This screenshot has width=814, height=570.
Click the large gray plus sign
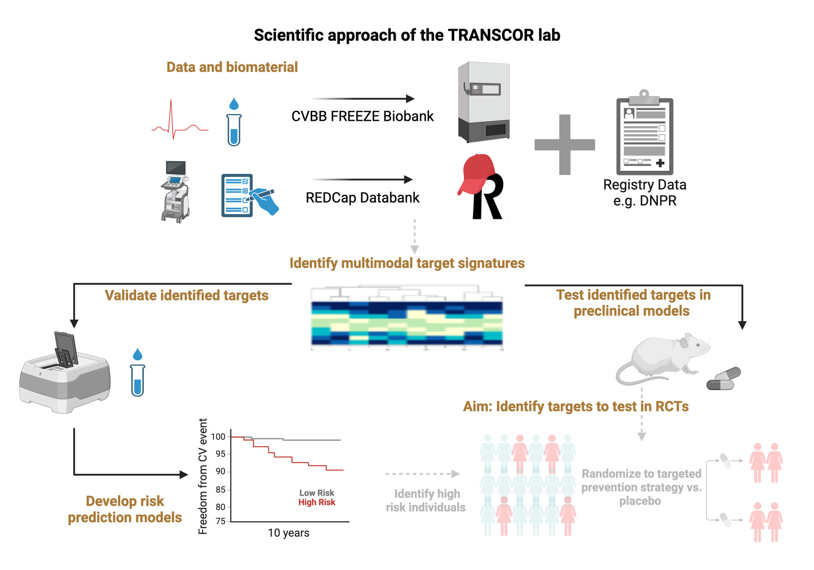564,145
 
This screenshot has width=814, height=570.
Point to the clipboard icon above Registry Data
644,133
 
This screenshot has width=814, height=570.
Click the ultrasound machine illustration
175,192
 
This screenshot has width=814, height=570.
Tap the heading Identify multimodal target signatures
407,263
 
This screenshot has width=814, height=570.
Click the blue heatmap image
407,323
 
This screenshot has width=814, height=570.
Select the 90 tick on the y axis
220,471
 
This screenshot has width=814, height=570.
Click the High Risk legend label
317,503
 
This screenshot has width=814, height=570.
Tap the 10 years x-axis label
289,533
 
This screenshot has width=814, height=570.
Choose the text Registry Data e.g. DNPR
644,193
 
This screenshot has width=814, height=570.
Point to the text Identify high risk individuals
426,501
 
